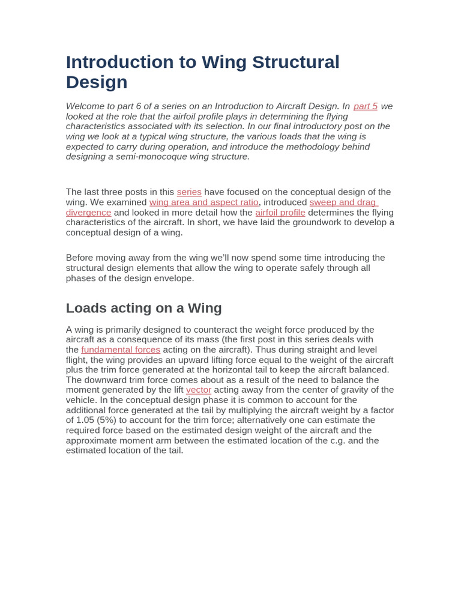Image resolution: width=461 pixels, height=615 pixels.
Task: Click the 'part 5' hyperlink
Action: coord(365,106)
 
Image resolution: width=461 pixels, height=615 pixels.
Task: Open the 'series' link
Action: coord(189,192)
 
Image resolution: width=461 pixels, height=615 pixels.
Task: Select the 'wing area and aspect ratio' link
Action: coord(203,202)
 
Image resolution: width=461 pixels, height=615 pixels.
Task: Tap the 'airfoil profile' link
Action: coord(280,213)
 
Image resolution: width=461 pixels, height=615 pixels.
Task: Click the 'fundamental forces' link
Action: coord(121,350)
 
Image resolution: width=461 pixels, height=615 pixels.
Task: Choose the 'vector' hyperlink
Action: coord(198,390)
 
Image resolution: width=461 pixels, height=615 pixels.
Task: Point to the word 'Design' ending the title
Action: coord(97,82)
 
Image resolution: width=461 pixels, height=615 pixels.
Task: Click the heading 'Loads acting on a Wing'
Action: coord(143,308)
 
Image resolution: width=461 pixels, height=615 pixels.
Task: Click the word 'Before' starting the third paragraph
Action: coord(80,258)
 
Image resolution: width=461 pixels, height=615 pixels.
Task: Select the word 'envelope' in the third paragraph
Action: coord(174,278)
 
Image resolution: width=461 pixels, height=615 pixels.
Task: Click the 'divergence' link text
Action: coord(88,213)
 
